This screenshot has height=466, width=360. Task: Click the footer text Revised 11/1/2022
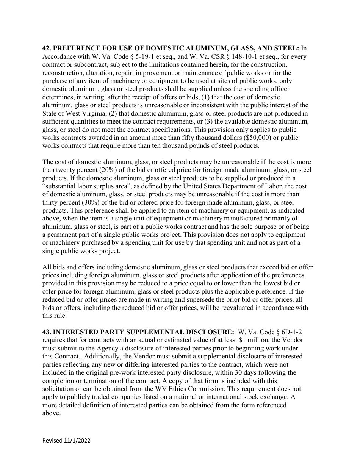point(66,441)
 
